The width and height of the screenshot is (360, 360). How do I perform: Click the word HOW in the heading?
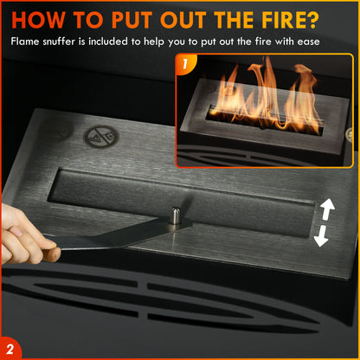pyautogui.click(x=40, y=18)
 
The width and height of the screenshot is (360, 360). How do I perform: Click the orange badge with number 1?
pyautogui.click(x=186, y=63)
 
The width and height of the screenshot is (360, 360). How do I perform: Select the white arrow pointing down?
pyautogui.click(x=322, y=236)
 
